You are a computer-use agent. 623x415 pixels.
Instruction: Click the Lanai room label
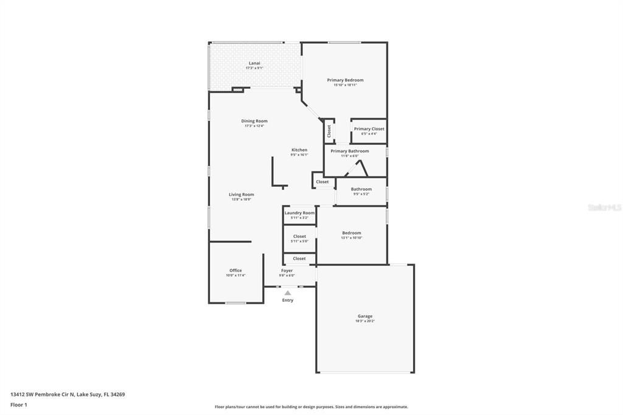[x=254, y=63]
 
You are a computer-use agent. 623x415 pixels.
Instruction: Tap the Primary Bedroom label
[x=345, y=80]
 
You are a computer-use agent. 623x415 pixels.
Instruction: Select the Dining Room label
[x=254, y=121]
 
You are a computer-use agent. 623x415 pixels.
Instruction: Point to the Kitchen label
[x=299, y=150]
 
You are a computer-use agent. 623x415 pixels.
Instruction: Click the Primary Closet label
[x=369, y=129]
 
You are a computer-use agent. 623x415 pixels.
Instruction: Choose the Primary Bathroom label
[x=350, y=151]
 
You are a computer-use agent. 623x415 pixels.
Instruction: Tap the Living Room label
[x=242, y=195]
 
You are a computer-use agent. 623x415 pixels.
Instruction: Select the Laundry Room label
[x=299, y=213]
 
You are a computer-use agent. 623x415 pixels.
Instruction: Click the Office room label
[x=235, y=270]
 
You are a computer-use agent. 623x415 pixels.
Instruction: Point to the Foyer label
[x=287, y=270]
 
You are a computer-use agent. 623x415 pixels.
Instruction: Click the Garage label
[x=365, y=316]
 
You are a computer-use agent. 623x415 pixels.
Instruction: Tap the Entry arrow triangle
[x=288, y=293]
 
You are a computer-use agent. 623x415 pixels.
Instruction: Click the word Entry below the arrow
[x=288, y=300]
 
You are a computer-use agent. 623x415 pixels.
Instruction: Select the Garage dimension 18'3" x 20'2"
[x=365, y=321]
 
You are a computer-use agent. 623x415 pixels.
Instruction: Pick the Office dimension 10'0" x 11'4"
[x=235, y=275]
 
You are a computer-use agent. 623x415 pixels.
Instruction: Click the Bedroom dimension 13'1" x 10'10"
[x=352, y=237]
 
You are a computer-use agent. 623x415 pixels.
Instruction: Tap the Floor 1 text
[x=19, y=405]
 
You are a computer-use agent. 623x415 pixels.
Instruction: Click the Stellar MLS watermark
[x=604, y=207]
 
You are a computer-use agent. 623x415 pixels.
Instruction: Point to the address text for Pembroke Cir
[x=68, y=394]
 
